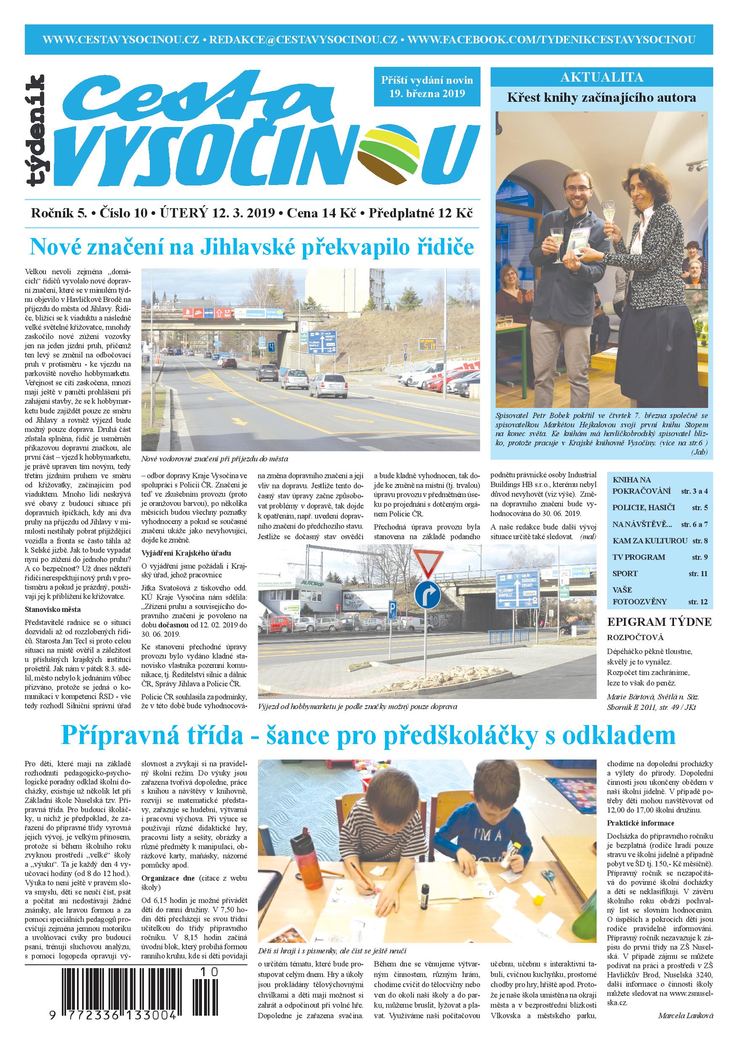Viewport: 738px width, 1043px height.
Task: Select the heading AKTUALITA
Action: pyautogui.click(x=602, y=77)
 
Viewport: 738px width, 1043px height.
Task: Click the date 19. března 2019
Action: pyautogui.click(x=427, y=94)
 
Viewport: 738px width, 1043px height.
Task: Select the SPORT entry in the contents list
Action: pyautogui.click(x=625, y=573)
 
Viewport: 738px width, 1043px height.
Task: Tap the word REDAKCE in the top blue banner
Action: pyautogui.click(x=240, y=40)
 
